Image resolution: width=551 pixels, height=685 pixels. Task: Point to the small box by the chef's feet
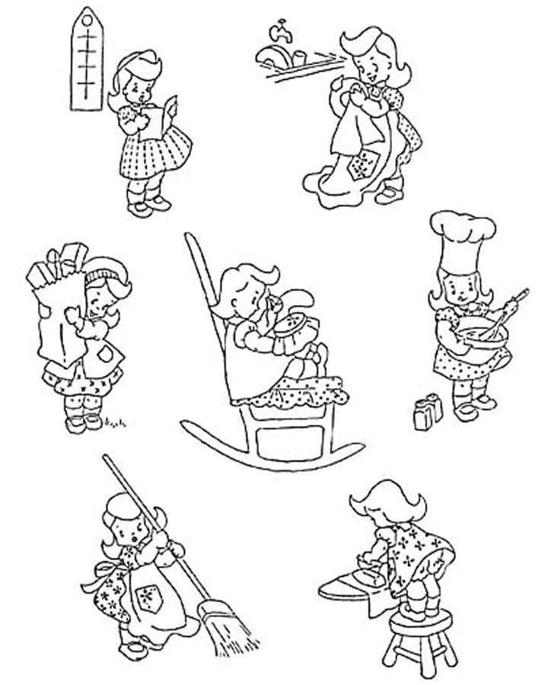coord(428,412)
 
